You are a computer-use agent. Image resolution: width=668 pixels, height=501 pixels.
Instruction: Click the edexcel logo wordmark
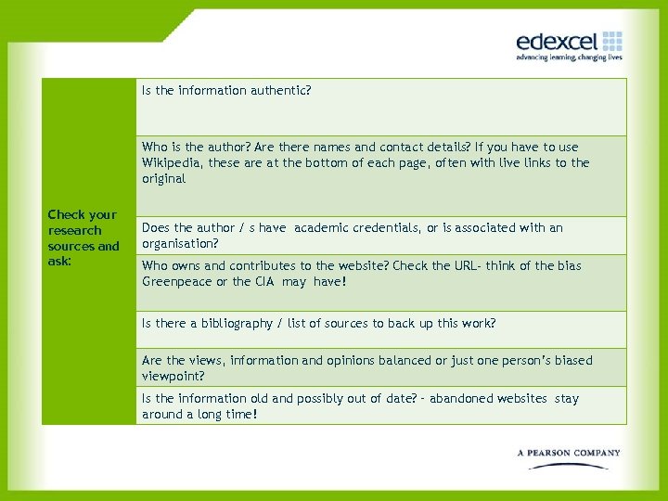coord(557,42)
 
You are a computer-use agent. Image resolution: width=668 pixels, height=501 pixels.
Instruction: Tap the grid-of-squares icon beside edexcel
coord(612,41)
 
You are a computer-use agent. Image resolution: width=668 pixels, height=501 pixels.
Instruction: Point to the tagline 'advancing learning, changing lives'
coord(569,58)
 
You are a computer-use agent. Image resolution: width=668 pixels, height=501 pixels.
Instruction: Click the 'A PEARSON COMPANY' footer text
coord(569,453)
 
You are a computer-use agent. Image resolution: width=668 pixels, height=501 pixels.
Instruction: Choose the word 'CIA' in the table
coord(266,282)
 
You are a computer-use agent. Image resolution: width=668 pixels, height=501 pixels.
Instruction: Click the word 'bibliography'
coord(224,324)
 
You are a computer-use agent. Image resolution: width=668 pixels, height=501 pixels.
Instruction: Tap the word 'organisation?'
coord(180,244)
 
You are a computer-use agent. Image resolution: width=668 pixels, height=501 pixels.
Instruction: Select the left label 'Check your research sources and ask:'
coord(83,238)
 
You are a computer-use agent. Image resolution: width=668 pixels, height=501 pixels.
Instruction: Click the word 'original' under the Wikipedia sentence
coord(164,179)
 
